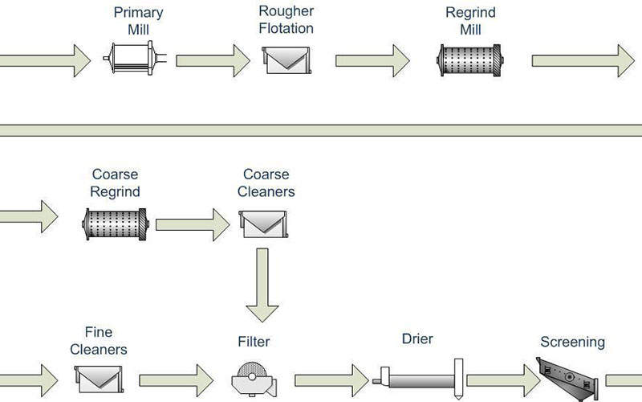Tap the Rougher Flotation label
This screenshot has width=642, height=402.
(x=286, y=20)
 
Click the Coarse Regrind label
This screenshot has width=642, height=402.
(x=116, y=183)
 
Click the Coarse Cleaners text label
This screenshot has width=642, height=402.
(x=266, y=183)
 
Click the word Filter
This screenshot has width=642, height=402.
(x=254, y=342)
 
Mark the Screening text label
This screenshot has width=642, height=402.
(x=572, y=342)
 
